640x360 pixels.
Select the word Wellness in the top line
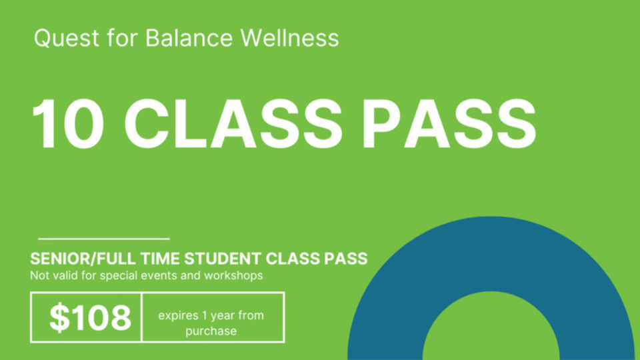click(289, 38)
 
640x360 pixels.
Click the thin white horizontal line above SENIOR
click(103, 238)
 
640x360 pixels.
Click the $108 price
click(89, 318)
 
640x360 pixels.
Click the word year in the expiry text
click(225, 315)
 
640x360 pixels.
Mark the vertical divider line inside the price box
click(142, 317)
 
